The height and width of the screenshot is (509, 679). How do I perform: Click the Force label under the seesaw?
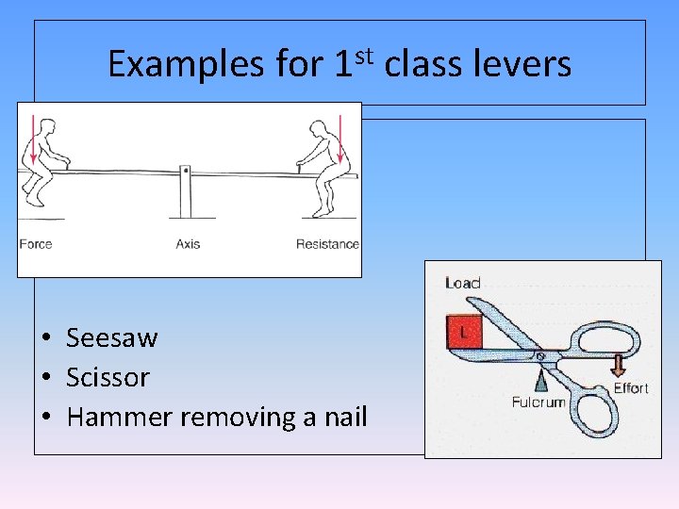36,244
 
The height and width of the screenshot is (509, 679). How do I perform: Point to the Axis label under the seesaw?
188,244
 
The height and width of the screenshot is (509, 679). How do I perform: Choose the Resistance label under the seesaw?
327,244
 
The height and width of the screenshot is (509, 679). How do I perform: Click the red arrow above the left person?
31,139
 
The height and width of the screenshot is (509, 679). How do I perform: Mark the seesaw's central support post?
187,196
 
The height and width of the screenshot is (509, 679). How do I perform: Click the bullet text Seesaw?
112,337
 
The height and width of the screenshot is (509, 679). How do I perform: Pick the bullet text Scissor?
108,377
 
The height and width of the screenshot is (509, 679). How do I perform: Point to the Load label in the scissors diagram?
462,283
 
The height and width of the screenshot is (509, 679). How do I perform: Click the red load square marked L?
466,332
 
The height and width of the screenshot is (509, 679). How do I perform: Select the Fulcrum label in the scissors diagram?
538,402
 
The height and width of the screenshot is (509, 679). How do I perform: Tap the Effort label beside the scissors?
631,388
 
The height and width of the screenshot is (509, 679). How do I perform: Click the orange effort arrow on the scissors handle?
619,363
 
